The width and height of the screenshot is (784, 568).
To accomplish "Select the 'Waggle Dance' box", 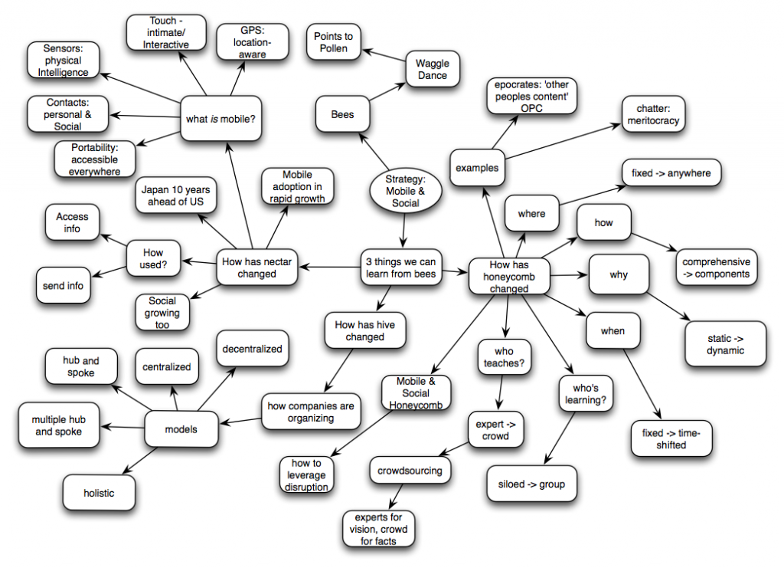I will point(433,69).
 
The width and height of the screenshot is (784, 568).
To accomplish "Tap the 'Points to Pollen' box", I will point(334,42).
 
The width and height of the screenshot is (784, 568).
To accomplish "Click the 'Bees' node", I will point(342,115).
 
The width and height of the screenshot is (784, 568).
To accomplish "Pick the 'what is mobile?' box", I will point(220,119).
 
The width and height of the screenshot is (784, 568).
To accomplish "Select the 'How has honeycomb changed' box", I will point(509,276).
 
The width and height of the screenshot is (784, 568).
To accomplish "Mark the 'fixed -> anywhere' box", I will point(671,173).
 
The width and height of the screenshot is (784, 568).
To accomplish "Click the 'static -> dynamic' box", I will point(725,344).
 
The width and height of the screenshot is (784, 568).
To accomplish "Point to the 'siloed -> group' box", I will point(531,484).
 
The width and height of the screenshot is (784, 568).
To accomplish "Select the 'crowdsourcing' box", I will point(410,471).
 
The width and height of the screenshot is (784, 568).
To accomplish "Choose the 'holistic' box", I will point(99,493).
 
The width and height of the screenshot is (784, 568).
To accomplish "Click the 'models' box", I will point(181,429).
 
